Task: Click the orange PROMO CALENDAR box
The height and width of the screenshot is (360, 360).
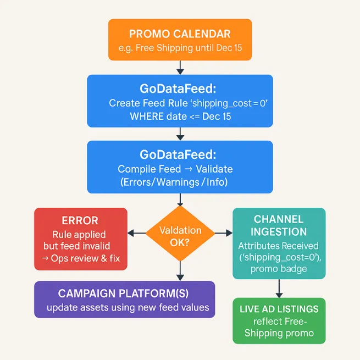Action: click(180, 40)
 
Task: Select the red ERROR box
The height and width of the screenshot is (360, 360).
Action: click(81, 239)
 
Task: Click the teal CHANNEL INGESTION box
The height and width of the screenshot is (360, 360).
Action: click(279, 243)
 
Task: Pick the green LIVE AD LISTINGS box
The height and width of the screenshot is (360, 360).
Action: click(279, 320)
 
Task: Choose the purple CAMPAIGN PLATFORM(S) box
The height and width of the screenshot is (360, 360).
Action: click(124, 300)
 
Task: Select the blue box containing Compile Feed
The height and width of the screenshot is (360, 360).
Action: click(180, 167)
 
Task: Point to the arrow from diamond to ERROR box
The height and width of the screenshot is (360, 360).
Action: click(137, 234)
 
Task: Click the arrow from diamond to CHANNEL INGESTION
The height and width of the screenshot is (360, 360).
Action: click(224, 234)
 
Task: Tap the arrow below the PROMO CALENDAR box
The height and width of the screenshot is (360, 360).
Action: click(180, 67)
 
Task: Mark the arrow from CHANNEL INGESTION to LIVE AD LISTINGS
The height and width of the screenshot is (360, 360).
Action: click(279, 289)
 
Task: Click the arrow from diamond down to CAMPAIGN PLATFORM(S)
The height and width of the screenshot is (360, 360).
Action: click(180, 270)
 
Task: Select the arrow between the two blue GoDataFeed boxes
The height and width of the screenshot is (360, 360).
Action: click(180, 134)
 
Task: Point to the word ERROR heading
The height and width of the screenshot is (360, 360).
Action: click(80, 220)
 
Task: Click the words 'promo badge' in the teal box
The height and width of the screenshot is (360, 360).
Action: click(279, 269)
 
